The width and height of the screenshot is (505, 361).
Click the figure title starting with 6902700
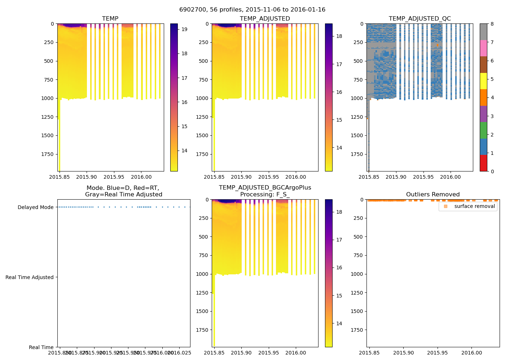point(252,10)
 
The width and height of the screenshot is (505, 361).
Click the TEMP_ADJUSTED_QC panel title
point(420,18)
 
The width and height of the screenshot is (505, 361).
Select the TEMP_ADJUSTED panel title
point(265,18)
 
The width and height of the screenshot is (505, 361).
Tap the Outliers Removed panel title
point(433,194)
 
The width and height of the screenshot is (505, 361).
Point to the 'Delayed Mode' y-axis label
point(35,207)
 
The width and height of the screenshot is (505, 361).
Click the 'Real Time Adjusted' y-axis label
point(30,277)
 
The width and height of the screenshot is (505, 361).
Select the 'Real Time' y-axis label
point(41,347)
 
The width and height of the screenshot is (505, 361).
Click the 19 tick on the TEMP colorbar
point(184,29)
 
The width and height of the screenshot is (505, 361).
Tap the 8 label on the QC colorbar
point(492,24)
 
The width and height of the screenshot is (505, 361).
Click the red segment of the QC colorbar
point(483,163)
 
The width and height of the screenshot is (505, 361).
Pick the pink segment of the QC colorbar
point(483,48)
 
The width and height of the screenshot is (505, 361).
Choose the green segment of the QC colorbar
point(483,130)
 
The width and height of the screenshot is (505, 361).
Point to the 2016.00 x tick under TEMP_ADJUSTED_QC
point(450,177)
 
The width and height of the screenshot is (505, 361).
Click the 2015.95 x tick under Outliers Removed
point(438,353)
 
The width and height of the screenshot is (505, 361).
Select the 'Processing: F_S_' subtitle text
point(265,194)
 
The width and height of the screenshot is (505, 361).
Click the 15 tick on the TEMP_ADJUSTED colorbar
point(339,120)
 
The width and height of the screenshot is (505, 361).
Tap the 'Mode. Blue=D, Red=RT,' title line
point(123,188)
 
